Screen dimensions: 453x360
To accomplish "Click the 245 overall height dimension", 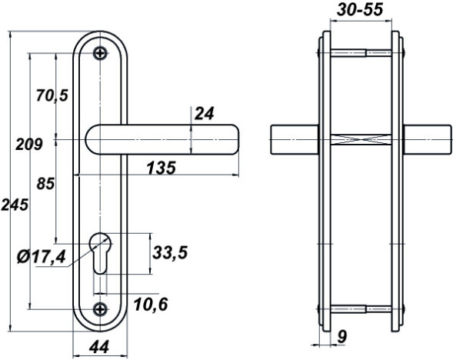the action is tap(15, 205).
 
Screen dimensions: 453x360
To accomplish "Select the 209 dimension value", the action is tap(29, 144).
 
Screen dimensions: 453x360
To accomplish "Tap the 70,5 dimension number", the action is tap(52, 95).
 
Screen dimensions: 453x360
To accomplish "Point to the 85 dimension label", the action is tap(45, 184).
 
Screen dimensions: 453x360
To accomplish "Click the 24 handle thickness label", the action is tap(205, 114).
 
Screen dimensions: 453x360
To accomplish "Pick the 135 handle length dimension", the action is tap(162, 168).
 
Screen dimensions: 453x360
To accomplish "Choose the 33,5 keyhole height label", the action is tap(170, 252).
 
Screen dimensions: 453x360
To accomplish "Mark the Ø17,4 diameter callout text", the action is tap(42, 257).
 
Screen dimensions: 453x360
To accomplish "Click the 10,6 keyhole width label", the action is tap(151, 305).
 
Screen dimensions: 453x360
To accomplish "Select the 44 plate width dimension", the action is tap(99, 347).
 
